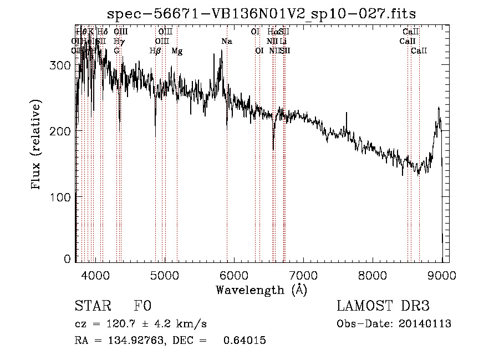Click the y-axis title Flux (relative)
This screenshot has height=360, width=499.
(x=37, y=145)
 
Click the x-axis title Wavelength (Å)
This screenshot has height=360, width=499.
(x=261, y=290)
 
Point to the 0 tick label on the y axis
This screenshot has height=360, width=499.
(x=68, y=258)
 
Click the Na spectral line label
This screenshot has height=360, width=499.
(x=226, y=41)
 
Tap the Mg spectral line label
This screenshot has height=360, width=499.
(x=177, y=50)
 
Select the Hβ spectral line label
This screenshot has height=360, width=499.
(x=155, y=50)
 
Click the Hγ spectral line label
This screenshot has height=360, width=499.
(x=118, y=41)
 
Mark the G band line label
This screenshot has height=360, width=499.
(x=116, y=50)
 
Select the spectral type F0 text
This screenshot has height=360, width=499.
(x=142, y=306)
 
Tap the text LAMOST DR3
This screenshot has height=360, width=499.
(x=383, y=306)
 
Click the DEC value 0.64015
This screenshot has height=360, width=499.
(x=245, y=341)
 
